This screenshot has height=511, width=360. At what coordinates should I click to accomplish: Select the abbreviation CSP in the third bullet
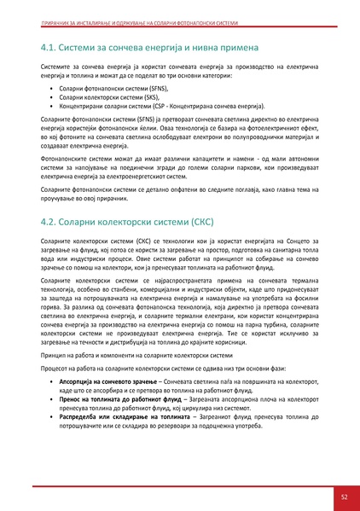coord(168,107)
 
